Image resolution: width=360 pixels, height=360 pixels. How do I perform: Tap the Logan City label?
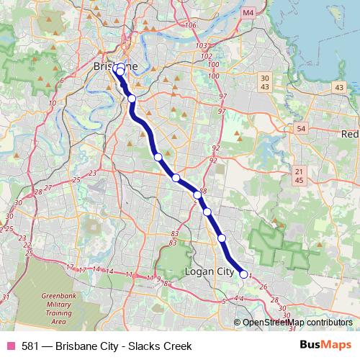point(209,272)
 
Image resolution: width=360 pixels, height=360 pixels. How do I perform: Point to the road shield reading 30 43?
point(265,82)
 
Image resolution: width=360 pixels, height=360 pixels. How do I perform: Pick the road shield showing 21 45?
point(300,175)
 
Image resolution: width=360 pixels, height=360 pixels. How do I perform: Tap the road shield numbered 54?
point(300,128)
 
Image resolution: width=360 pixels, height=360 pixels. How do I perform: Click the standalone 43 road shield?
point(338,87)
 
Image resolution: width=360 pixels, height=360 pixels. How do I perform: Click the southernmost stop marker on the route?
point(244,274)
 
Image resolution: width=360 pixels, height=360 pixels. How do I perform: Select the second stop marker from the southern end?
point(222,238)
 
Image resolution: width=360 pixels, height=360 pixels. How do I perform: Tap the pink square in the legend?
point(10,346)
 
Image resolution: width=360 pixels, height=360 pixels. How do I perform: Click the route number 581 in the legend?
point(30,346)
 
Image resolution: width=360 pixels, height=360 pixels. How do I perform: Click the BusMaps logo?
point(325,346)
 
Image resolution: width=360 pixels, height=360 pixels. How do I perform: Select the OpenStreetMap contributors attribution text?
point(297,322)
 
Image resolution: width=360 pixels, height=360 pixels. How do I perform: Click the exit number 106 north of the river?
point(191,25)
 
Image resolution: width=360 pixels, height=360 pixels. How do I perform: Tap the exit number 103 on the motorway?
point(206,45)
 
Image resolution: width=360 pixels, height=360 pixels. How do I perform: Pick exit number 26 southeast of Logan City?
point(264,287)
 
